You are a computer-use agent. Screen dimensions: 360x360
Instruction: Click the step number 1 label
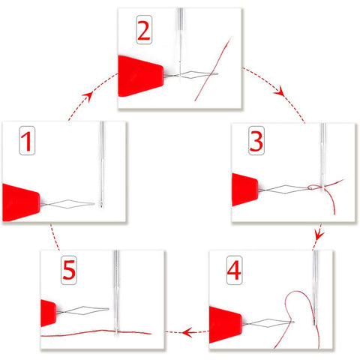tap(27, 141)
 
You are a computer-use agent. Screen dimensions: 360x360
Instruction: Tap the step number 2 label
tap(144, 30)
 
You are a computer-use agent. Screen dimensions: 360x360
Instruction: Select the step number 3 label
tap(256, 141)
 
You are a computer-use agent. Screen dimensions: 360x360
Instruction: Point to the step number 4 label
tap(234, 270)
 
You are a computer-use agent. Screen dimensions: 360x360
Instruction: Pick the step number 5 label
tap(69, 270)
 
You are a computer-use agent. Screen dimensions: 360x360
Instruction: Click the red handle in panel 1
tap(20, 202)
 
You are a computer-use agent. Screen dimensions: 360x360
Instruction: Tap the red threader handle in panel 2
tap(139, 76)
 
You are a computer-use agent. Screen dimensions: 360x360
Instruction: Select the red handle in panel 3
tap(244, 190)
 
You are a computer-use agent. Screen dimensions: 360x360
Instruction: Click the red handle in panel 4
tap(224, 325)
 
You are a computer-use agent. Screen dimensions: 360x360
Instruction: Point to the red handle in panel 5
tap(48, 313)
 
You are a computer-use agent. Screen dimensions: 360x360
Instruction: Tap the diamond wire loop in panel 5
tap(83, 310)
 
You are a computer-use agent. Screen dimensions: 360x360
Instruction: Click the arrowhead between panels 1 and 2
tap(88, 96)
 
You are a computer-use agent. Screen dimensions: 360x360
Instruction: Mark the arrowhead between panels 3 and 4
tap(319, 235)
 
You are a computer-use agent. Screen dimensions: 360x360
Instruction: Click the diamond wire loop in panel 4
tap(269, 322)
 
